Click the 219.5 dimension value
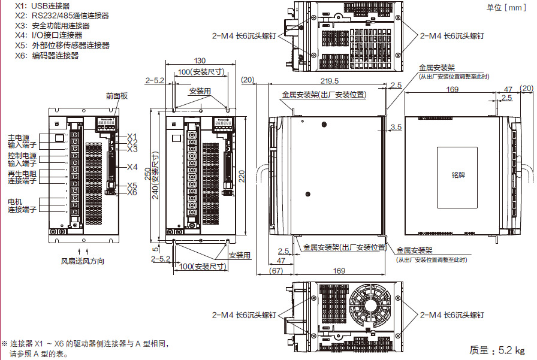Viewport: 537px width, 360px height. [329, 80]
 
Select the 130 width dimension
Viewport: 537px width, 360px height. [200, 60]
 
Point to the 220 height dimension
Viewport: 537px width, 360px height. [242, 176]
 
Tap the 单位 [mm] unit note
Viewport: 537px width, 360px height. [506, 7]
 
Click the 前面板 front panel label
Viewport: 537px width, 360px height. [117, 95]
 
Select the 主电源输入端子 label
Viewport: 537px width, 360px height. [23, 141]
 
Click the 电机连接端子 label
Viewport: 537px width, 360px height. [23, 205]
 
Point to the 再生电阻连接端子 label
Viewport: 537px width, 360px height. [23, 177]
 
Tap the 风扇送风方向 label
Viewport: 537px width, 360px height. [83, 261]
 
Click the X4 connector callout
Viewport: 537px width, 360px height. [132, 167]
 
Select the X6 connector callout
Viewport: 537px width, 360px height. [132, 192]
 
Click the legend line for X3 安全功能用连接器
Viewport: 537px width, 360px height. [53, 26]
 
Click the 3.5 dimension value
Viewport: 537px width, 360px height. [395, 127]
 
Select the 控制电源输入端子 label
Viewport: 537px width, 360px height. [23, 159]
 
